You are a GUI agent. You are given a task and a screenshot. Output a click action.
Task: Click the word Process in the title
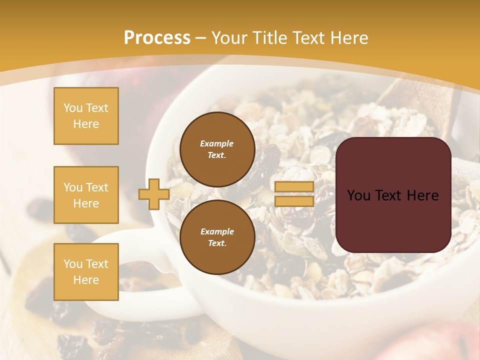tap(157, 37)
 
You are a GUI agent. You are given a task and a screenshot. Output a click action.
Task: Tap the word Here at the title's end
tap(348, 37)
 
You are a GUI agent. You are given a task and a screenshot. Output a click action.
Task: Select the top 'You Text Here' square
tap(86, 116)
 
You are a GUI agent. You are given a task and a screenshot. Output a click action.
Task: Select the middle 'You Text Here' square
tap(86, 195)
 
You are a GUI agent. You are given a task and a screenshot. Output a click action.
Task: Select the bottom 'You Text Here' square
tap(86, 272)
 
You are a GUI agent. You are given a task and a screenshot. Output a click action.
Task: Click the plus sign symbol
tap(154, 194)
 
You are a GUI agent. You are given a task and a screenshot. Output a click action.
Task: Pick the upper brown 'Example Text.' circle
tap(217, 149)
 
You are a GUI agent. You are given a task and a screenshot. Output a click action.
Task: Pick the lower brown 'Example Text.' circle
tap(217, 237)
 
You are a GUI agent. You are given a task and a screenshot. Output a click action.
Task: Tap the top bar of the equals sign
tap(294, 186)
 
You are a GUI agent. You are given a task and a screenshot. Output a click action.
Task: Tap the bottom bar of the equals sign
tap(294, 201)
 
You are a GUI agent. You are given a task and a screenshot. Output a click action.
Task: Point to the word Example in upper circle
tap(217, 143)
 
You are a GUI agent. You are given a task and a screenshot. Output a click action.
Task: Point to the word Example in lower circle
tap(217, 231)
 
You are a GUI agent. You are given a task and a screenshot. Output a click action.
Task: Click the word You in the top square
tap(72, 108)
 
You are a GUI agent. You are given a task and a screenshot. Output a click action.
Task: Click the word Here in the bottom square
tap(86, 280)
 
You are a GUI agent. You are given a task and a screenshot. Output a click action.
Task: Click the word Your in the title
tap(229, 37)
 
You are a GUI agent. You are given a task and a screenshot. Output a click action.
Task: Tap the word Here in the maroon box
tap(422, 195)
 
